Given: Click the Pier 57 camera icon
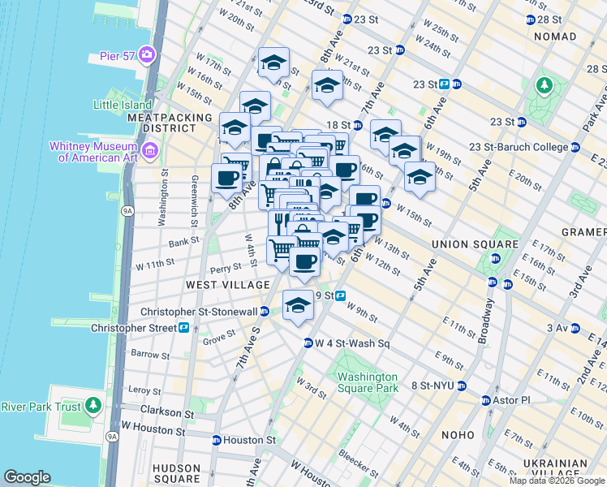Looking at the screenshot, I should [x=147, y=55].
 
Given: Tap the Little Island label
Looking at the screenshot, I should [x=123, y=105].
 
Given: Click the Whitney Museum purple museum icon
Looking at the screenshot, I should [x=150, y=151].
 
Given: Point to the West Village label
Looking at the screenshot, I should [x=227, y=285].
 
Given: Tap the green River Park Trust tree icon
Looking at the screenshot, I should [x=93, y=405].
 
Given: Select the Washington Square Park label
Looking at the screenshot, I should [x=368, y=382].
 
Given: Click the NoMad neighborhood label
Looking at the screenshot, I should [x=555, y=37].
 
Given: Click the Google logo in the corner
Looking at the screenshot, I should [x=27, y=477].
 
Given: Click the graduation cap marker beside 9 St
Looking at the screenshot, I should [x=298, y=306].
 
